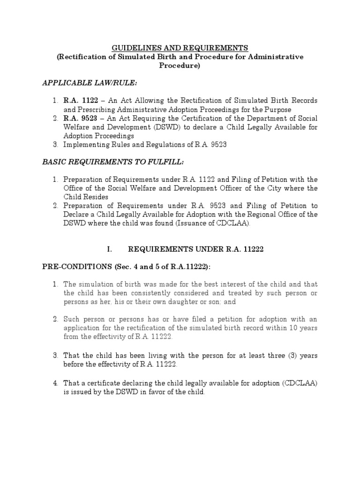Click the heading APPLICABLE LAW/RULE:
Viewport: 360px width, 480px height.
84,83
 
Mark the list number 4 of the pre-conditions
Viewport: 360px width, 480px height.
54,383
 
